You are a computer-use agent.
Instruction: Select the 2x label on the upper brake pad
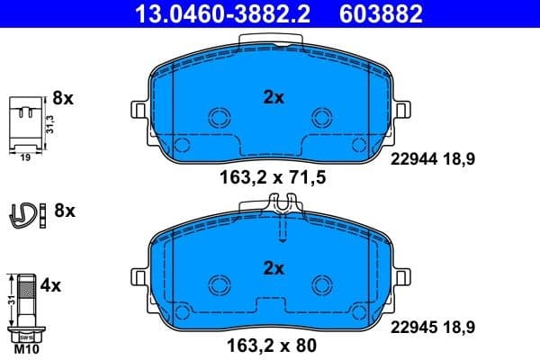point(274,97)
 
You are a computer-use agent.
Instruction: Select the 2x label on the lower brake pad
point(274,267)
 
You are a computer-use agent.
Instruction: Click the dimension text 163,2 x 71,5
point(273,177)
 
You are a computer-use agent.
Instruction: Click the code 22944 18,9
point(431,158)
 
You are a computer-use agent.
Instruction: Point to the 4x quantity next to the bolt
point(52,286)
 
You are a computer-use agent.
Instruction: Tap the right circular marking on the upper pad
point(322,117)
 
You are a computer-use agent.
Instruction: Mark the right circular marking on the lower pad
point(322,284)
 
